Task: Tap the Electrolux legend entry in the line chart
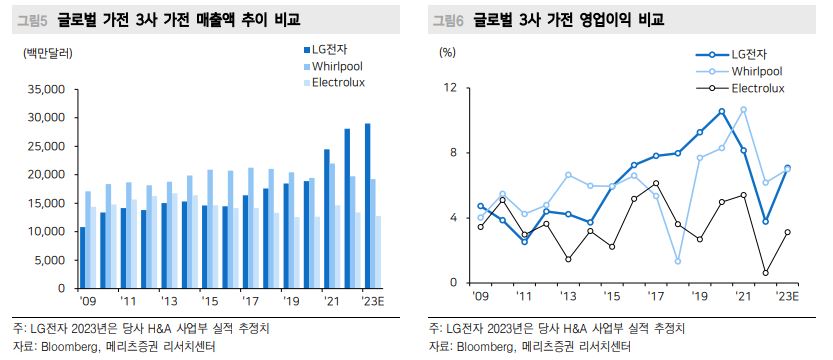(749, 89)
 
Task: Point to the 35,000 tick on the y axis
(44, 89)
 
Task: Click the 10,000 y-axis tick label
(44, 231)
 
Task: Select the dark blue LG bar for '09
(81, 257)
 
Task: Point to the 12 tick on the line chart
(450, 88)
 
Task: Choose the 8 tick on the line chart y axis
(452, 153)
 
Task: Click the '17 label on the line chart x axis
(655, 297)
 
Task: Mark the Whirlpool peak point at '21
(743, 109)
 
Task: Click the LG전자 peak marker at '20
(721, 111)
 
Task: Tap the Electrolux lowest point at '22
(765, 273)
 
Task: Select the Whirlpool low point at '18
(677, 261)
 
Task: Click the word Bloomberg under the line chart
(485, 347)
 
